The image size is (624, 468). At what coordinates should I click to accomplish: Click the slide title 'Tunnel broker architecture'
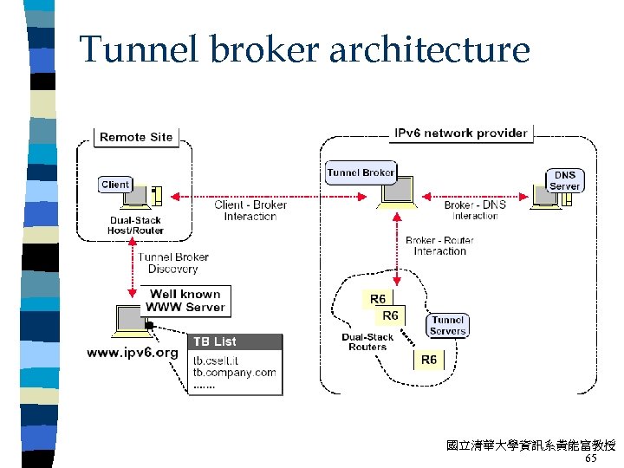(304, 49)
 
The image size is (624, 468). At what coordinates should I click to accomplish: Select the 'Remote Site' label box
(136, 137)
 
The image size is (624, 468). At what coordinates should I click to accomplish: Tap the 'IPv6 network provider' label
(460, 133)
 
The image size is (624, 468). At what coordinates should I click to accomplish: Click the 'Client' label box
(115, 185)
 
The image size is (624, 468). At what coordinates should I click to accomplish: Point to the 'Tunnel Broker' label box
(361, 172)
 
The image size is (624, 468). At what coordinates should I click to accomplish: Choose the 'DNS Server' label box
(564, 180)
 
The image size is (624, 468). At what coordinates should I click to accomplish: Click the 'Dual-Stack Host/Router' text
(136, 225)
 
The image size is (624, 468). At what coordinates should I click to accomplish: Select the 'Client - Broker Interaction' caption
(250, 211)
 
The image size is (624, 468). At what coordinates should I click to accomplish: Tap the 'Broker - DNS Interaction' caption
(474, 211)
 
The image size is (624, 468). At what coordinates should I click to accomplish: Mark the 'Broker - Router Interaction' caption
(439, 245)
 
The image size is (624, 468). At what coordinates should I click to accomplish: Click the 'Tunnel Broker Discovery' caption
(173, 263)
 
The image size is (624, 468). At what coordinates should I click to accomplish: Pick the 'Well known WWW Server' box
(185, 300)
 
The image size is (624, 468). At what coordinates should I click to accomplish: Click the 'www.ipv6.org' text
(133, 353)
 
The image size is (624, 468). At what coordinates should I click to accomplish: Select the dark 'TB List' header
(235, 341)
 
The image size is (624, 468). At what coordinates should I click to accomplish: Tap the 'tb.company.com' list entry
(234, 373)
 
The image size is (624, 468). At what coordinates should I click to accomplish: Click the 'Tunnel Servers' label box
(447, 325)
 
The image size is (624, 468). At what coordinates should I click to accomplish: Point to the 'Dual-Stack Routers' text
(367, 342)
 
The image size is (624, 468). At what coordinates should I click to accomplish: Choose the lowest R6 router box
(429, 359)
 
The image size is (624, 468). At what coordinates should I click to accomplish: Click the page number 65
(591, 458)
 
